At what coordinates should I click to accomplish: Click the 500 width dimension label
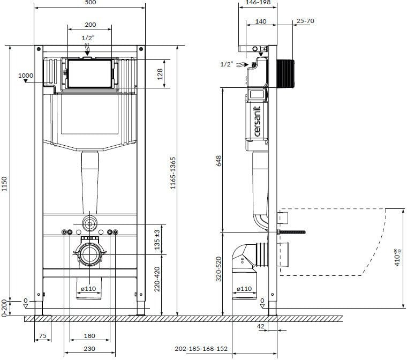(91, 2)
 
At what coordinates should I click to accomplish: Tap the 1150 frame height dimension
(4, 184)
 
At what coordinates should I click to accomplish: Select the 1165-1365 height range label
(173, 173)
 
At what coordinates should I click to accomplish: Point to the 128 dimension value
(160, 74)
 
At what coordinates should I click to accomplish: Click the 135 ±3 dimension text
(157, 239)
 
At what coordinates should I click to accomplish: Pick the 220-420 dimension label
(157, 279)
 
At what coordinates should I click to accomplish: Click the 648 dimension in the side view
(218, 161)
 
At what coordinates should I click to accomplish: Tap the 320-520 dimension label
(218, 269)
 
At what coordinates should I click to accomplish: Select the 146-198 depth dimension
(258, 2)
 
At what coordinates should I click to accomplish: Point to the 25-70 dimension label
(305, 21)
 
